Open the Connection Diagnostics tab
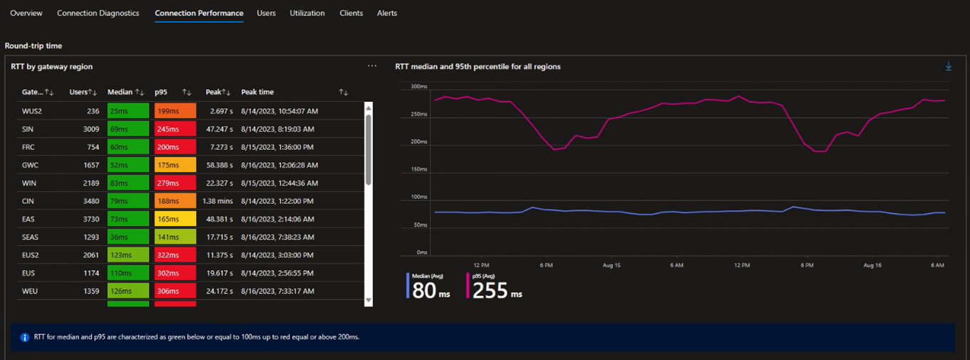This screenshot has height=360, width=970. [98, 13]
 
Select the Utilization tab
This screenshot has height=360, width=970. [307, 13]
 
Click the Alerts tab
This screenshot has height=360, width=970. [387, 13]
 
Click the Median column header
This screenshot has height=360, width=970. [120, 92]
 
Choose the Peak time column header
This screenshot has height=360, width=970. [257, 92]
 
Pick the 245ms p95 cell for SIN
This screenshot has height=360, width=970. [175, 129]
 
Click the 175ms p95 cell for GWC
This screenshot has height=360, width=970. [175, 165]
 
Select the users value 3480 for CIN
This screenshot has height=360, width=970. [91, 201]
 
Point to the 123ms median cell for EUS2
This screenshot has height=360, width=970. [128, 255]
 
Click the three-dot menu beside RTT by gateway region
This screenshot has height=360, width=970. [372, 66]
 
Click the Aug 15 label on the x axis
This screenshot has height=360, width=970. [612, 265]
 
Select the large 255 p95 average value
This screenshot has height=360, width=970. [490, 290]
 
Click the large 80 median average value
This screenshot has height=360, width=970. [424, 290]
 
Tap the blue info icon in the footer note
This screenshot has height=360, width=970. [24, 337]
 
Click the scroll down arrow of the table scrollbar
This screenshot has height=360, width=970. [368, 302]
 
